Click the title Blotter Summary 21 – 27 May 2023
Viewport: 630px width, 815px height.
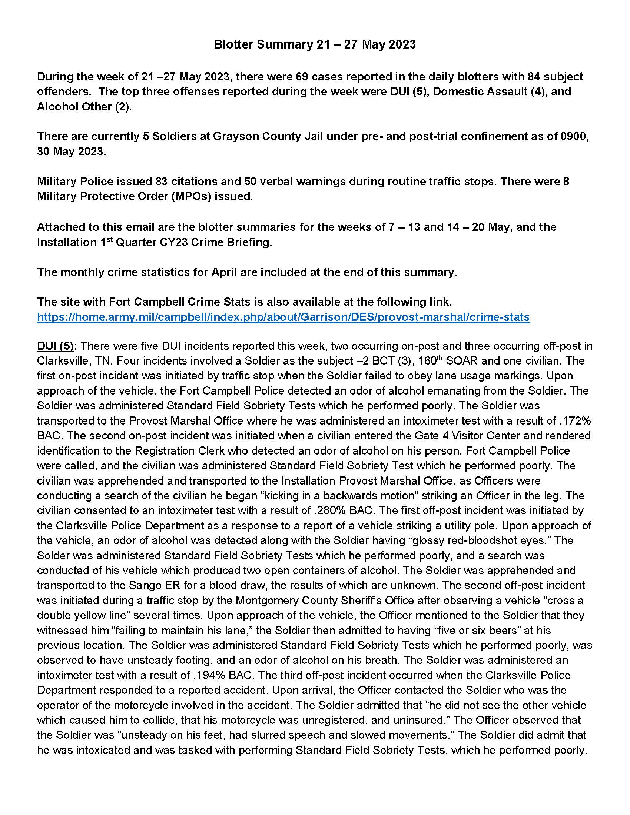click(x=314, y=44)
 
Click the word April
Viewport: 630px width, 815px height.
click(x=224, y=272)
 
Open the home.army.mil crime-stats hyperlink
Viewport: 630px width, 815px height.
click(x=283, y=317)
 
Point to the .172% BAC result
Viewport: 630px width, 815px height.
click(x=575, y=420)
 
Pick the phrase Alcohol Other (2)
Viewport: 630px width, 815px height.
click(x=84, y=107)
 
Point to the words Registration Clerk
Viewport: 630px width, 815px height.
click(x=180, y=451)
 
